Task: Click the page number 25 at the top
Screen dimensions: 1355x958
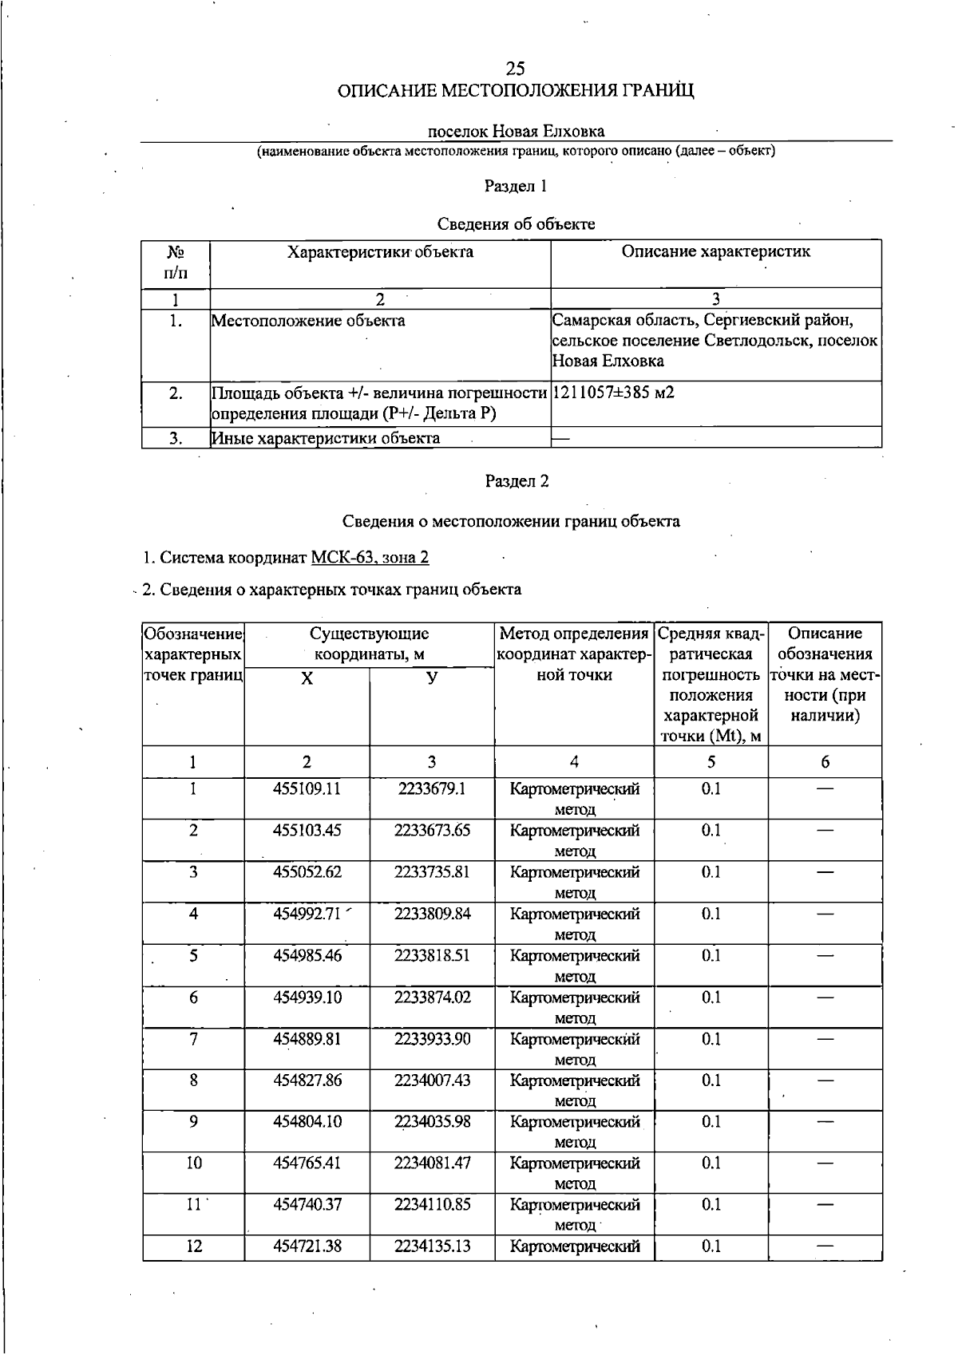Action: tap(515, 69)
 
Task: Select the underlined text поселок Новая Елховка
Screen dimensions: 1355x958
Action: tap(516, 131)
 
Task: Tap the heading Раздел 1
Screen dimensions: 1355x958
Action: tap(516, 186)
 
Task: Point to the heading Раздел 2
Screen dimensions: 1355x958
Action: tap(517, 481)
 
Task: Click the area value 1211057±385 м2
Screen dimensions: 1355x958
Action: tap(613, 393)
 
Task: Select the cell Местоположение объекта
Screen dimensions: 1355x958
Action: tap(308, 321)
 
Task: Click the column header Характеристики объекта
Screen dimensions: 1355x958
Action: tap(380, 252)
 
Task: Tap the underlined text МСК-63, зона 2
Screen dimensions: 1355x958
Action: tap(370, 557)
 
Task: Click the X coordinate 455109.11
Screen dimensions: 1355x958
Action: tap(307, 789)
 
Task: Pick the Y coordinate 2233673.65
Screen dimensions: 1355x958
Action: tap(432, 831)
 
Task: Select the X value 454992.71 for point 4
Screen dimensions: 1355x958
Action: tap(307, 914)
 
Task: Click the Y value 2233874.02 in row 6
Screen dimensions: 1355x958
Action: tap(432, 997)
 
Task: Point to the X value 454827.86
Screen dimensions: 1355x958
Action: tap(307, 1080)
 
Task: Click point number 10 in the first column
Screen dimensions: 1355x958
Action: tap(194, 1163)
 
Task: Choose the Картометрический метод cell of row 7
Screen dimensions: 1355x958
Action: tap(575, 1049)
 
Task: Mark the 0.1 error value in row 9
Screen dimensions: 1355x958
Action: tap(711, 1122)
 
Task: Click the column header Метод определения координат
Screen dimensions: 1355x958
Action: tap(574, 654)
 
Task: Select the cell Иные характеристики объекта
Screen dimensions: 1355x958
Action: tap(326, 438)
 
